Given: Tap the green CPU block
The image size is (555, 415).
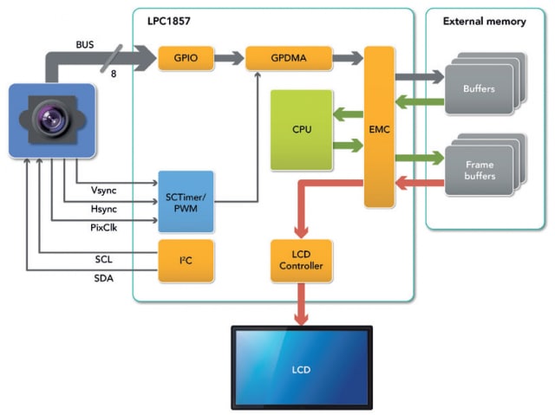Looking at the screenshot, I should (302, 130).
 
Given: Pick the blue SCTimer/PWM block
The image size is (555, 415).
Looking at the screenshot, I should (186, 201).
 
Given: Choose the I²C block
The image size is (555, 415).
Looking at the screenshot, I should (185, 262).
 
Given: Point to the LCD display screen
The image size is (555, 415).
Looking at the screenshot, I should (300, 369).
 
